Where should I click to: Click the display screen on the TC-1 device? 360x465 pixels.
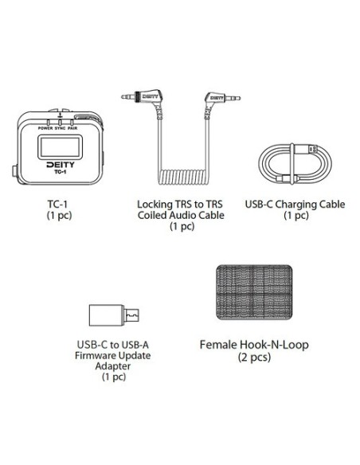click(60, 147)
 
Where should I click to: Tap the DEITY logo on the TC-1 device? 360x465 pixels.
click(61, 165)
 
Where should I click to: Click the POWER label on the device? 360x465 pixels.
click(45, 128)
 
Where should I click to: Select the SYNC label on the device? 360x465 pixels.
click(61, 128)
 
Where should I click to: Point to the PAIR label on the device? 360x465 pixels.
click(72, 128)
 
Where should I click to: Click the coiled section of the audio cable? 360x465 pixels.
click(183, 177)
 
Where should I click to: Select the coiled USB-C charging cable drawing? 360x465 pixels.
click(295, 164)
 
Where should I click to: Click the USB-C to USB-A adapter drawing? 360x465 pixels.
click(114, 315)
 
